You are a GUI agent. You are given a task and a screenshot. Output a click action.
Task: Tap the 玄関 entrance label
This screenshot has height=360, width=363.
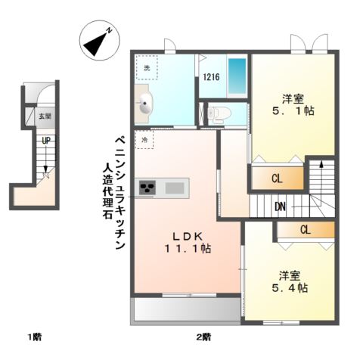click(x=45, y=116)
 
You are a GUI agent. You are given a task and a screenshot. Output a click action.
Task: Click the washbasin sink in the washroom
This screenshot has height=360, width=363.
click(x=144, y=104)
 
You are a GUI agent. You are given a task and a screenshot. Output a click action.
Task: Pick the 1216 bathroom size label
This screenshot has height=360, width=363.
click(x=211, y=76)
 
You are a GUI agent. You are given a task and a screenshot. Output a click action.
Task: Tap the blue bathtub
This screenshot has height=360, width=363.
click(x=237, y=76)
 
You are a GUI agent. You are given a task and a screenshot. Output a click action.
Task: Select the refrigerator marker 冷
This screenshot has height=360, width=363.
click(x=144, y=139)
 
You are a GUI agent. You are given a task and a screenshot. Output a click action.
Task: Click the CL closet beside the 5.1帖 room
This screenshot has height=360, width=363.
click(x=278, y=178)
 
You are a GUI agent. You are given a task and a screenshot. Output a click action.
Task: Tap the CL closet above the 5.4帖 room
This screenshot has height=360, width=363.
click(x=304, y=230)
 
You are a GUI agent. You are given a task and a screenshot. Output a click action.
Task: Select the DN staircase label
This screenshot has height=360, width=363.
click(x=280, y=206)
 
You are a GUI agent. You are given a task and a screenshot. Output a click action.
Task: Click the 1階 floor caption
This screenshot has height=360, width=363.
click(x=35, y=336)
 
